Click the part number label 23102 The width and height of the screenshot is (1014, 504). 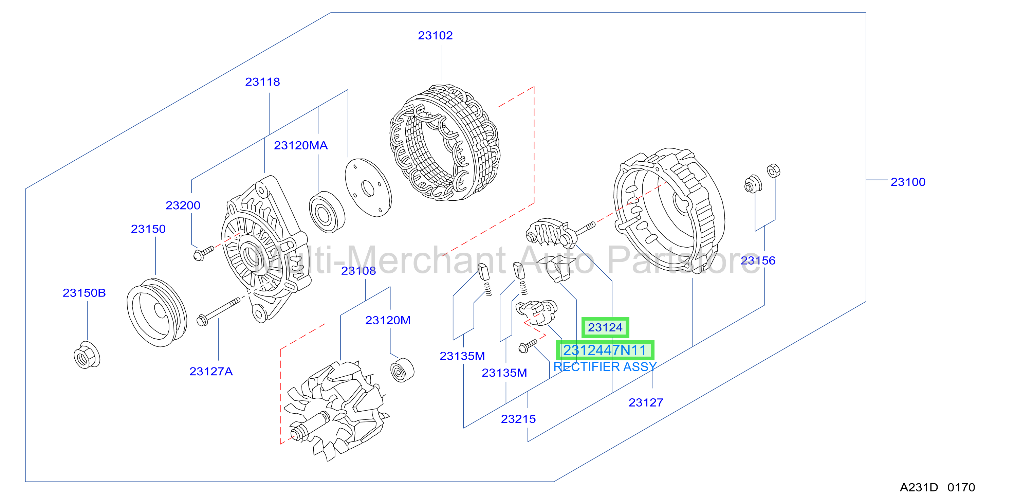pyautogui.click(x=435, y=35)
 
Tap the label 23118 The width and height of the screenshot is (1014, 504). pyautogui.click(x=262, y=82)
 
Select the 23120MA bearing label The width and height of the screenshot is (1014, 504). pyautogui.click(x=301, y=146)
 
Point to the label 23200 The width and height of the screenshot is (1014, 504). pyautogui.click(x=183, y=205)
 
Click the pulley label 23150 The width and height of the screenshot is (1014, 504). pyautogui.click(x=148, y=229)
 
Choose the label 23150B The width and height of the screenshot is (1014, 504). pyautogui.click(x=84, y=293)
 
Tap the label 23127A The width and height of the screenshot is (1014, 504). pyautogui.click(x=211, y=372)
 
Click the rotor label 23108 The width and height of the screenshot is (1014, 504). pyautogui.click(x=358, y=271)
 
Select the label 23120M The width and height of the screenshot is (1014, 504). pyautogui.click(x=388, y=321)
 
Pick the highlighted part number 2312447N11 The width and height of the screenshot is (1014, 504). pyautogui.click(x=605, y=350)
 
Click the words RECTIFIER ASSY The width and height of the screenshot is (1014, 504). pyautogui.click(x=605, y=367)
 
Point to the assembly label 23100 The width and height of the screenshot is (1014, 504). pyautogui.click(x=908, y=182)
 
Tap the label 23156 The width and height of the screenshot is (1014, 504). pyautogui.click(x=758, y=261)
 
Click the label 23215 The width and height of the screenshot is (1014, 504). pyautogui.click(x=518, y=419)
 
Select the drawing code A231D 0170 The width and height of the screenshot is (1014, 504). pyautogui.click(x=937, y=487)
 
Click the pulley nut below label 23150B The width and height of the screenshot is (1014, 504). pyautogui.click(x=87, y=355)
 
